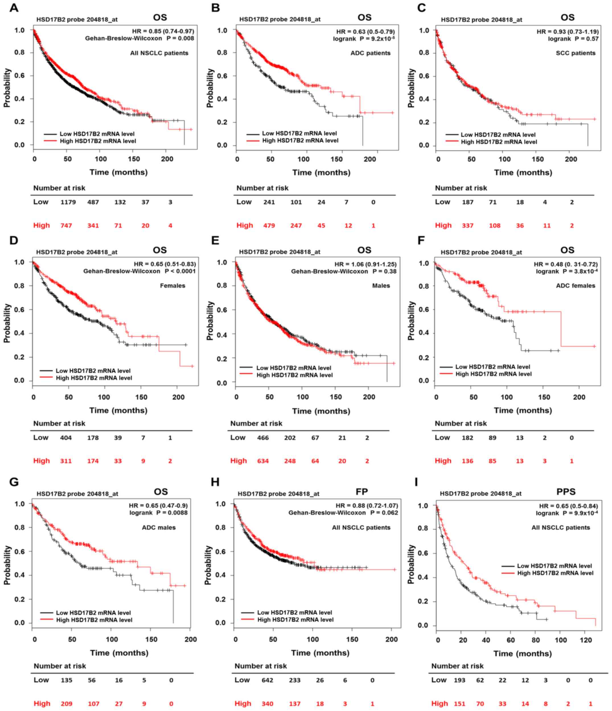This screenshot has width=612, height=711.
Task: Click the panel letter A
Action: click(x=14, y=8)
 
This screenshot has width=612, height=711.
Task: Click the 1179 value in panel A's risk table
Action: click(x=68, y=202)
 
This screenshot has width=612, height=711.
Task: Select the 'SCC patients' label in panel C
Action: click(x=576, y=53)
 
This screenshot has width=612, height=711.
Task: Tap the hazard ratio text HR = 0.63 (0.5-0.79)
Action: click(x=365, y=32)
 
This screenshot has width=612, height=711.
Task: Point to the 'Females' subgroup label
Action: click(x=172, y=286)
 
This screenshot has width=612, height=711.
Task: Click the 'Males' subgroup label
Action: click(x=381, y=286)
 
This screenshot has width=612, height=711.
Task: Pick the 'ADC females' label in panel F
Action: click(x=576, y=286)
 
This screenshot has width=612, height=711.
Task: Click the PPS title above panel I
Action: click(x=566, y=492)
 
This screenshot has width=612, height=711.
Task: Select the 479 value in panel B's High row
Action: click(x=269, y=226)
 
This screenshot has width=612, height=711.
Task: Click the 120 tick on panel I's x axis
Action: click(x=586, y=640)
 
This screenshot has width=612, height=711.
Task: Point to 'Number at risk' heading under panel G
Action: click(x=60, y=666)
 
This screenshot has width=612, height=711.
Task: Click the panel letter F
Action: click(x=421, y=241)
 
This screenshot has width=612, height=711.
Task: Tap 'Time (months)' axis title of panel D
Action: click(x=118, y=410)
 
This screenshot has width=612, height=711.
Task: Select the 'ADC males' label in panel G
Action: click(x=159, y=527)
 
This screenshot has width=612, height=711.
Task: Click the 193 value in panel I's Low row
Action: click(x=459, y=680)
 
